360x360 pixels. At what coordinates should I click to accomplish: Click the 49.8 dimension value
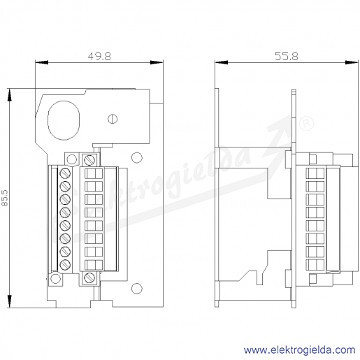(x=99, y=57)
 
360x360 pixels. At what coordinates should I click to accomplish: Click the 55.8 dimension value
(x=287, y=57)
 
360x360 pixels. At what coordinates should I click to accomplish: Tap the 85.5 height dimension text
(x=5, y=198)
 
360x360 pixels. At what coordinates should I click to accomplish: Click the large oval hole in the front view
(x=64, y=120)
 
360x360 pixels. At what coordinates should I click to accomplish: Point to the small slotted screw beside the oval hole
(x=113, y=119)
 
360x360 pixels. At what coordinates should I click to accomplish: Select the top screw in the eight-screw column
(x=65, y=173)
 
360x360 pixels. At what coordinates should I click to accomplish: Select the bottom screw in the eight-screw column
(x=65, y=264)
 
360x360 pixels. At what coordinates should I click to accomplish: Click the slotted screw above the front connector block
(x=89, y=160)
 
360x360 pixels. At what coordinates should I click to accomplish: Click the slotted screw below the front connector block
(x=89, y=278)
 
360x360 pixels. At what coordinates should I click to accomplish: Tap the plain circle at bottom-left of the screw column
(x=55, y=279)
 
